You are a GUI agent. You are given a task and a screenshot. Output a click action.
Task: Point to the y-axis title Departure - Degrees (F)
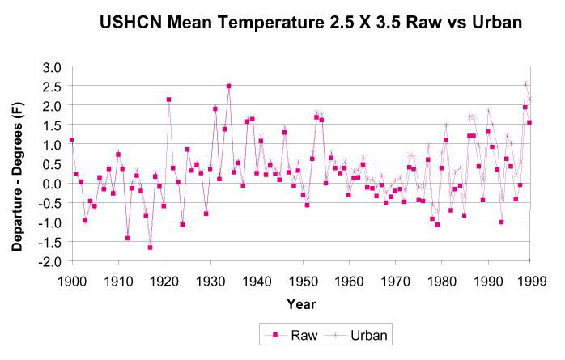pyautogui.click(x=17, y=164)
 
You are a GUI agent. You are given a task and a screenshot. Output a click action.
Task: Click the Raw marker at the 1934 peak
pyautogui.click(x=229, y=86)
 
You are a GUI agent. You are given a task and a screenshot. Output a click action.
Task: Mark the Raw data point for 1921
pyautogui.click(x=169, y=100)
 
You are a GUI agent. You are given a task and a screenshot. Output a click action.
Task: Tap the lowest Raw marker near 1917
pyautogui.click(x=151, y=248)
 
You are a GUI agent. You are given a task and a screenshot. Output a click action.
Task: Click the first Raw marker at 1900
pyautogui.click(x=72, y=140)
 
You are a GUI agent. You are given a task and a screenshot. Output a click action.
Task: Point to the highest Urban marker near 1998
pyautogui.click(x=525, y=83)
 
